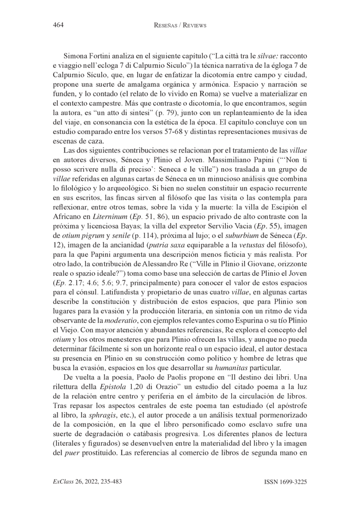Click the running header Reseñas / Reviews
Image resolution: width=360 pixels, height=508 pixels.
pos(179,26)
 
